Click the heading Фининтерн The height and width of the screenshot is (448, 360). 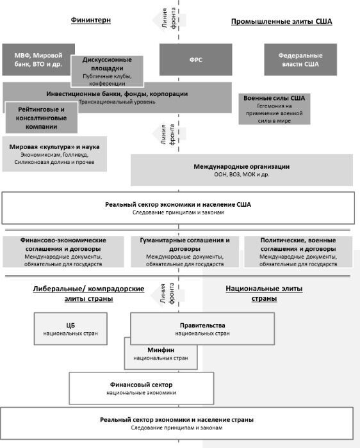(91, 20)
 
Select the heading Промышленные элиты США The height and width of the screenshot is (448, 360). (282, 21)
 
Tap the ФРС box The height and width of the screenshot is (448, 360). (195, 60)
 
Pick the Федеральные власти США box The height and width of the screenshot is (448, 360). (300, 60)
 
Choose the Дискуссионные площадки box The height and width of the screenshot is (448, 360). (107, 71)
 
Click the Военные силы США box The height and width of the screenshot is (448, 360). (274, 109)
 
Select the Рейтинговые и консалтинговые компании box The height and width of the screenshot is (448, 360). (41, 117)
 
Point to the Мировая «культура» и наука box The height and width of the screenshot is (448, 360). (54, 154)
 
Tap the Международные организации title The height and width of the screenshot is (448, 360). (241, 166)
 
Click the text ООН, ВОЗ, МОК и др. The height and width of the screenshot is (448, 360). (241, 174)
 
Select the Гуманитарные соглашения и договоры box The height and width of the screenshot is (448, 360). (184, 252)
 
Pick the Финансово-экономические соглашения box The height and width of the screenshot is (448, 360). (63, 252)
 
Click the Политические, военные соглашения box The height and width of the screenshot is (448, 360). (299, 252)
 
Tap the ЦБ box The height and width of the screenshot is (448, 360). (70, 328)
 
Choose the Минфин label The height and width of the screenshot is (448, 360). (161, 350)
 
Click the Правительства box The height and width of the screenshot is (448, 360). (202, 328)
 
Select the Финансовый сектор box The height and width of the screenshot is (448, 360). (142, 388)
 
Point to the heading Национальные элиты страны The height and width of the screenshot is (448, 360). (264, 293)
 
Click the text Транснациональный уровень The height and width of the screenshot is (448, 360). (117, 102)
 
